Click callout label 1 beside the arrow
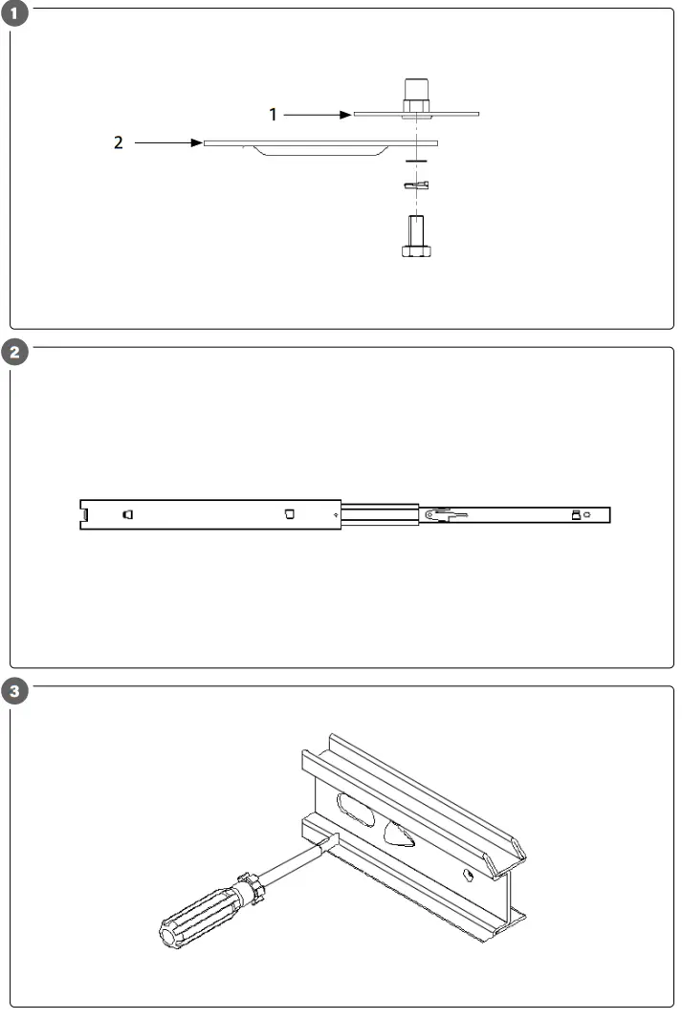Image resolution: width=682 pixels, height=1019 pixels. point(273,114)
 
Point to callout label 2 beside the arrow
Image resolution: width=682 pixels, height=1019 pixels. point(119,143)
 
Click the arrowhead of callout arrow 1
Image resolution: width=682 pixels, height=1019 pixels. point(347,114)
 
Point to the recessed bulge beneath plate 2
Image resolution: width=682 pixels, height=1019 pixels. point(316,153)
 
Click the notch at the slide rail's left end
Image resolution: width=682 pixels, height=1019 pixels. point(85,514)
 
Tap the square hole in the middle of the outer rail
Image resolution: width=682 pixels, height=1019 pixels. point(289,513)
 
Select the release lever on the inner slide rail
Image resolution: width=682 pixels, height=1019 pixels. point(445,515)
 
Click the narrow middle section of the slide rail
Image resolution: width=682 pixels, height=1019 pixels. point(380,514)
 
